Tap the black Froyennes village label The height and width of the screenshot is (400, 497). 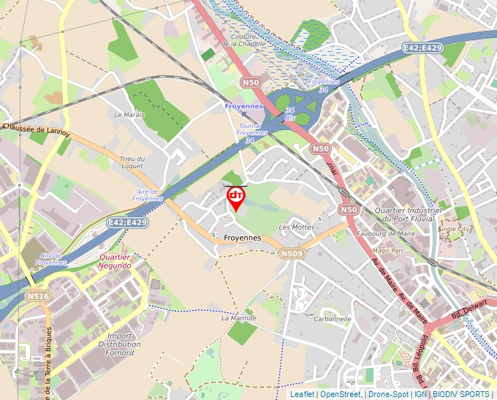(x=242, y=238)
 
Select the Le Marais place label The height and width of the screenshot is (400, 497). (x=129, y=115)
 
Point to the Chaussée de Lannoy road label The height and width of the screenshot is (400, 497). (x=37, y=129)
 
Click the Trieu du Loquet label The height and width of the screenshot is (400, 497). (x=132, y=162)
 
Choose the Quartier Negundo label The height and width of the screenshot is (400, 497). (x=115, y=261)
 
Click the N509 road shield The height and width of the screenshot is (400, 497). (x=290, y=253)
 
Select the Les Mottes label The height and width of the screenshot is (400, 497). (x=296, y=227)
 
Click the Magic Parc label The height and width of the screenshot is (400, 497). (x=387, y=250)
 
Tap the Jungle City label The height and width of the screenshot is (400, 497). (x=453, y=229)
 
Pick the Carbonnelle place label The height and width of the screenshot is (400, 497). (x=333, y=319)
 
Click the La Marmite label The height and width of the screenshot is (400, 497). (x=238, y=318)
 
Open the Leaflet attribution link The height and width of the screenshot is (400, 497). (x=302, y=394)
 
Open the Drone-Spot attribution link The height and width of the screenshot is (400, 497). (x=388, y=394)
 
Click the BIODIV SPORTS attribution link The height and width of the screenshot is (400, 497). (x=460, y=394)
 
